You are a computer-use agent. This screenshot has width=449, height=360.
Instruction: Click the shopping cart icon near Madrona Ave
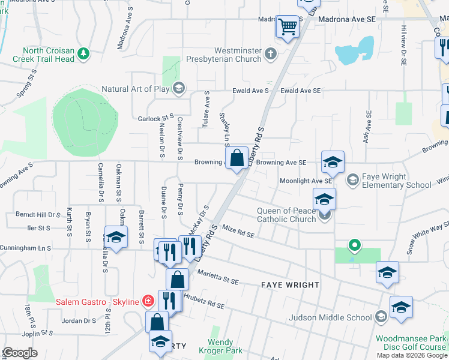click(288, 26)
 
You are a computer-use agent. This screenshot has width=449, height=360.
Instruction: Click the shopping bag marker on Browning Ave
click(238, 158)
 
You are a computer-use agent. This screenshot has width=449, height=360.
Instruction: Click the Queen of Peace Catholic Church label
click(286, 215)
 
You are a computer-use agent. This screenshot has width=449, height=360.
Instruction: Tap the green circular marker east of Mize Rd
click(355, 245)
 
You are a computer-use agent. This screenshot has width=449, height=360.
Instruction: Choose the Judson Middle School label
click(330, 317)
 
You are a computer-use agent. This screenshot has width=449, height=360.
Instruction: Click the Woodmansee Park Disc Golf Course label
click(411, 343)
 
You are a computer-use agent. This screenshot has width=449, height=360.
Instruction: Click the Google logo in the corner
click(20, 353)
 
